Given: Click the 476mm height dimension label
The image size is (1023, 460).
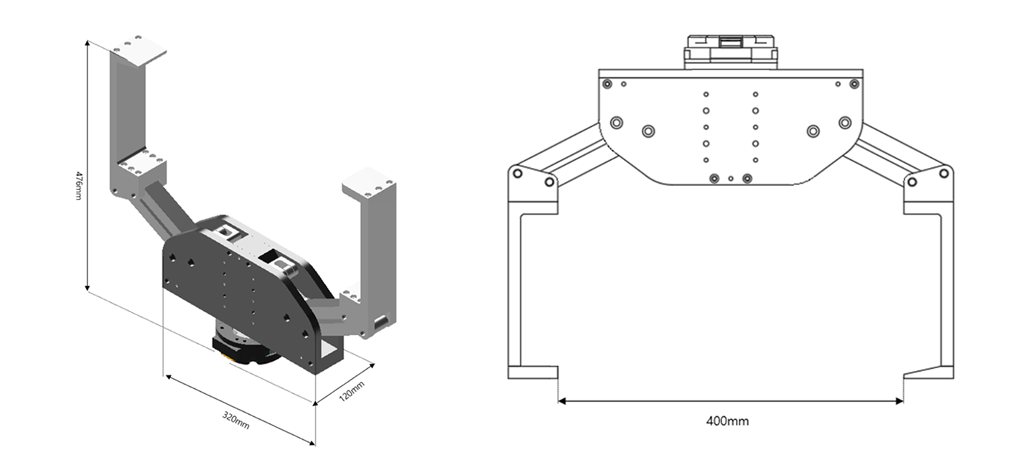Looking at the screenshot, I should click(78, 185).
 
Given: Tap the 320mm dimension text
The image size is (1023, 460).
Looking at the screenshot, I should click(235, 420).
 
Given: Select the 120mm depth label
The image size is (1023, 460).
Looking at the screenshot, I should click(352, 391).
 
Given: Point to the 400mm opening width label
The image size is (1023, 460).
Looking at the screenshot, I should click(727, 421).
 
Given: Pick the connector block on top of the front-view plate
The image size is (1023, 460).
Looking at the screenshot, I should click(731, 52).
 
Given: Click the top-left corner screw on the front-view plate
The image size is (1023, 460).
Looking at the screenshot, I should click(607, 84).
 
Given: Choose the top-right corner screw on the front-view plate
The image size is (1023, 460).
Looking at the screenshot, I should click(854, 84).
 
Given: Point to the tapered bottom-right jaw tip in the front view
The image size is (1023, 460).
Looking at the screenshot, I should click(928, 372).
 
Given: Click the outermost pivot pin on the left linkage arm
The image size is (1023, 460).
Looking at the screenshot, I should click(517, 173).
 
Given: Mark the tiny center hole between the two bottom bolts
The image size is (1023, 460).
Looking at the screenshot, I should click(731, 178).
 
